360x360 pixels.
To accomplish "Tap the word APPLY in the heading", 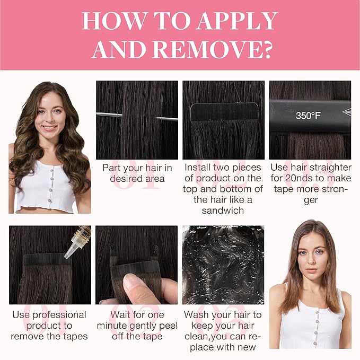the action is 237,21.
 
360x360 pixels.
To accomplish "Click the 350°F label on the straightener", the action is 308,116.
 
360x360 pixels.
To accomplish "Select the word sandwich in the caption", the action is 223,210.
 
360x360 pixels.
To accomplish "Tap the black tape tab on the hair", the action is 225,112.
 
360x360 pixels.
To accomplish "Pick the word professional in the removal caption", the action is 59,315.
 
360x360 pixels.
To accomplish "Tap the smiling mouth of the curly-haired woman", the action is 49,128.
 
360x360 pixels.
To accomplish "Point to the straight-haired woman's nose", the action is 311,260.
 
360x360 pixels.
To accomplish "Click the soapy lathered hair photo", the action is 223,265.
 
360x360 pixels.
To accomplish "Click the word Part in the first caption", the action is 111,168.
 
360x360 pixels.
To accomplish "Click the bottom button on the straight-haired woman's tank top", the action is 315,343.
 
